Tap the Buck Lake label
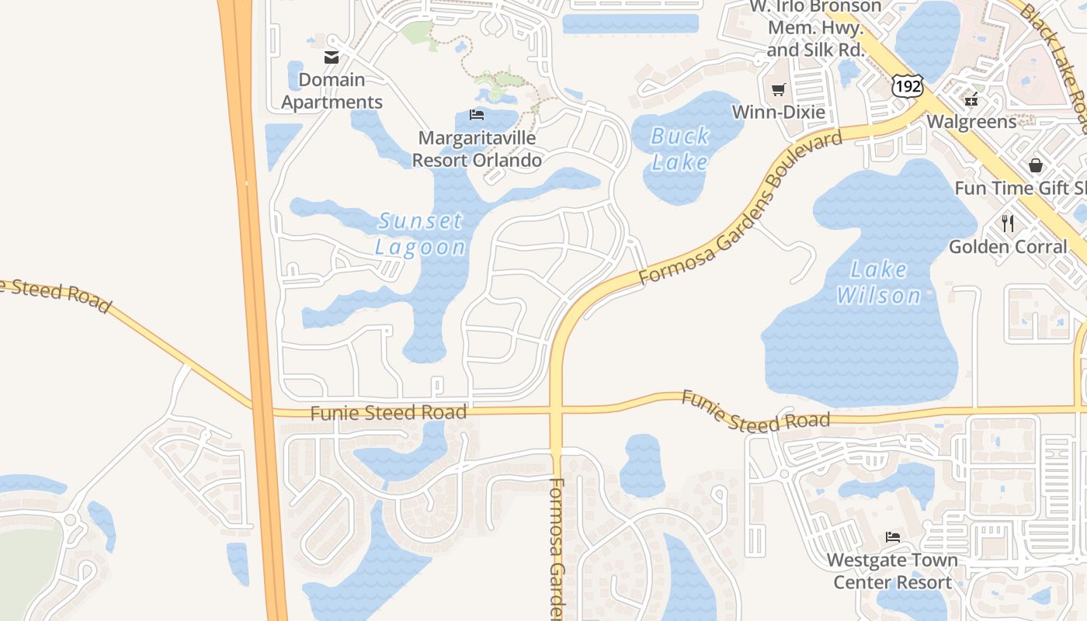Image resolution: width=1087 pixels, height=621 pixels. point(679,149)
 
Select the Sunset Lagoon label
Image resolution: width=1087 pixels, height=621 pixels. point(421,234)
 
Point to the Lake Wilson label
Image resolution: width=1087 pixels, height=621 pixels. point(878,283)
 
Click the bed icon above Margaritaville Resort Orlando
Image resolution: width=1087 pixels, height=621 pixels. point(477,115)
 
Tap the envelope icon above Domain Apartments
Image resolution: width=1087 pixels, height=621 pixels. point(332,57)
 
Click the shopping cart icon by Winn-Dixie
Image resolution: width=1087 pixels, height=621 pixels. point(778,89)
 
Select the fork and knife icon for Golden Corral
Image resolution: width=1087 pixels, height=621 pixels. point(1008,224)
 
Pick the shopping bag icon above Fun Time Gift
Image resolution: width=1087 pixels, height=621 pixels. point(1036,165)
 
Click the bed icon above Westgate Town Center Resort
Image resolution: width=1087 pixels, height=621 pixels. point(893,536)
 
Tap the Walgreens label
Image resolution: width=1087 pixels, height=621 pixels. point(971,122)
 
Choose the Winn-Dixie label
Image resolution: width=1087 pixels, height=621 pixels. point(779,112)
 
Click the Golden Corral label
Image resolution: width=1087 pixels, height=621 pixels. point(1008,247)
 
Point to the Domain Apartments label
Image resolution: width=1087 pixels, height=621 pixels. point(332,91)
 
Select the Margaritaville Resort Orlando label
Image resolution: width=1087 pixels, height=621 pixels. point(477,149)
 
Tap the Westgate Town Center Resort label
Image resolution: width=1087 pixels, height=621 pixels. point(892,571)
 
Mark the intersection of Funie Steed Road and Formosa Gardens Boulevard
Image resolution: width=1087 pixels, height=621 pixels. point(556,410)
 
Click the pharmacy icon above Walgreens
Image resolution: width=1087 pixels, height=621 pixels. point(971,99)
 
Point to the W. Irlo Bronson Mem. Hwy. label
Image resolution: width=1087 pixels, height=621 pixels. point(815,29)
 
